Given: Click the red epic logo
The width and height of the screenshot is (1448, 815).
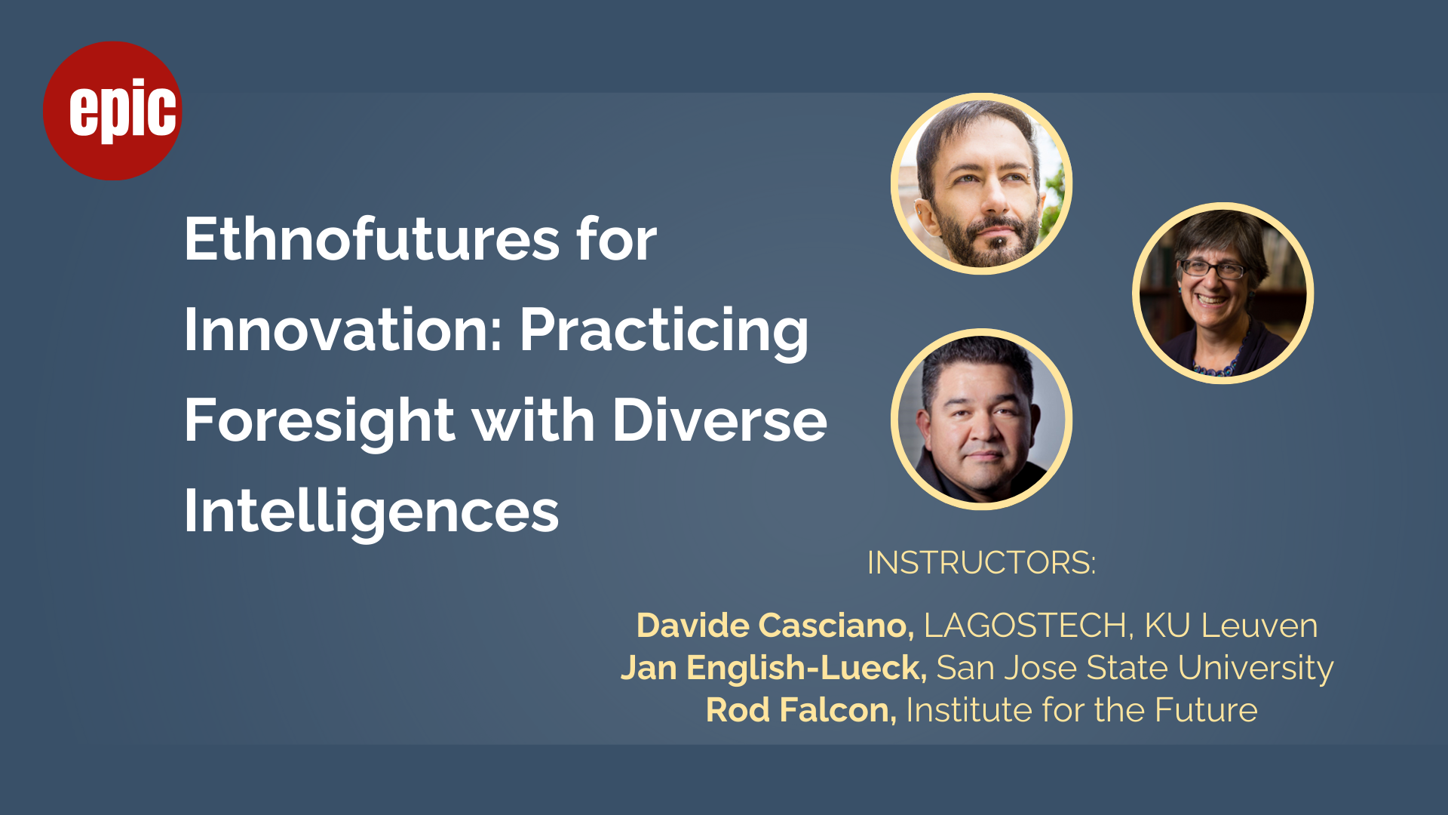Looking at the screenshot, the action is pyautogui.click(x=112, y=111).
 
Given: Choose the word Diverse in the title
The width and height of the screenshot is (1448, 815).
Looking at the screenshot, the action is pyautogui.click(x=719, y=420).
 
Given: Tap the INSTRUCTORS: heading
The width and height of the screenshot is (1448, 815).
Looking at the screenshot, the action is pyautogui.click(x=981, y=563).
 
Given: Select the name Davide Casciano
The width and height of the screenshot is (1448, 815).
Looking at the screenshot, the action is pyautogui.click(x=775, y=626).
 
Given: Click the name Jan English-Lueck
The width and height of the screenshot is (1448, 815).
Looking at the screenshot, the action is pyautogui.click(x=774, y=669).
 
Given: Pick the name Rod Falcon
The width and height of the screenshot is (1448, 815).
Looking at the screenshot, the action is pyautogui.click(x=801, y=710).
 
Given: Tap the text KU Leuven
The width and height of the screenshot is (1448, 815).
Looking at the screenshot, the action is pyautogui.click(x=1231, y=626).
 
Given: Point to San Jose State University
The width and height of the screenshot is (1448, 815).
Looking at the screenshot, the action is pyautogui.click(x=1135, y=669).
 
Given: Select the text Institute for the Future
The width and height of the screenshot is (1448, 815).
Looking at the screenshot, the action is pyautogui.click(x=1081, y=710).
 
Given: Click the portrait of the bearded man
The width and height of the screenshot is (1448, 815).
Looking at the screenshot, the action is pyautogui.click(x=981, y=183).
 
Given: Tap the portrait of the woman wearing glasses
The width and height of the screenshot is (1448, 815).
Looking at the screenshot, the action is pyautogui.click(x=1223, y=293).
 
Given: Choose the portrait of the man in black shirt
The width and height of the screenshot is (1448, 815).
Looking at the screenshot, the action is pyautogui.click(x=981, y=419).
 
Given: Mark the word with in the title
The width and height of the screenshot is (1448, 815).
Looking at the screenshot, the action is pyautogui.click(x=533, y=420).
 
